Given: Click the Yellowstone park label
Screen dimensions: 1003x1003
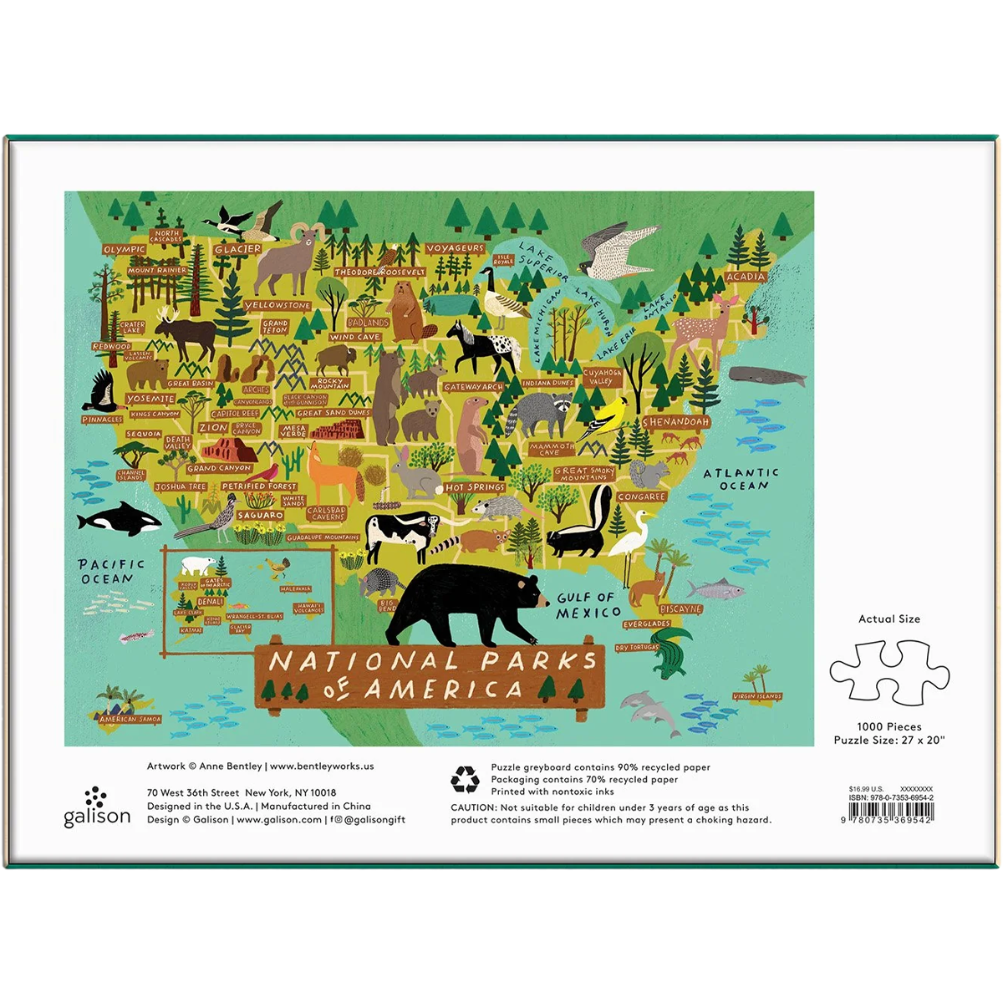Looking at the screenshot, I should point(277,306).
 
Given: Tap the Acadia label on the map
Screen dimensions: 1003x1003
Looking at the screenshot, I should point(745,277).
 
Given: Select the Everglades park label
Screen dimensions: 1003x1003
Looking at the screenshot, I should point(646,624).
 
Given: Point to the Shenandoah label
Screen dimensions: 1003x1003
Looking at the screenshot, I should point(675,422).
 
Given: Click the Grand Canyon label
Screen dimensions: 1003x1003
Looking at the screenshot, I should point(219,469).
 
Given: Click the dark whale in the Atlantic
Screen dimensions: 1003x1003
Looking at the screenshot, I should point(761,378).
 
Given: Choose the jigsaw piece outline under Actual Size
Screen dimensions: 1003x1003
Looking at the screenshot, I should point(888,673).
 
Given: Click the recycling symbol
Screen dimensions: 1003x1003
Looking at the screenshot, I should point(465,779).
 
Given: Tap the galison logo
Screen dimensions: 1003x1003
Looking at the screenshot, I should point(97,807).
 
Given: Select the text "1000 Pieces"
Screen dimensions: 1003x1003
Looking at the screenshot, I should point(888,727).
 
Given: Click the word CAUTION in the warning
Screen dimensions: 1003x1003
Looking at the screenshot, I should point(472,807).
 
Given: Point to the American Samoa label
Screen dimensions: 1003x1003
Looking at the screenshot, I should point(130,719).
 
